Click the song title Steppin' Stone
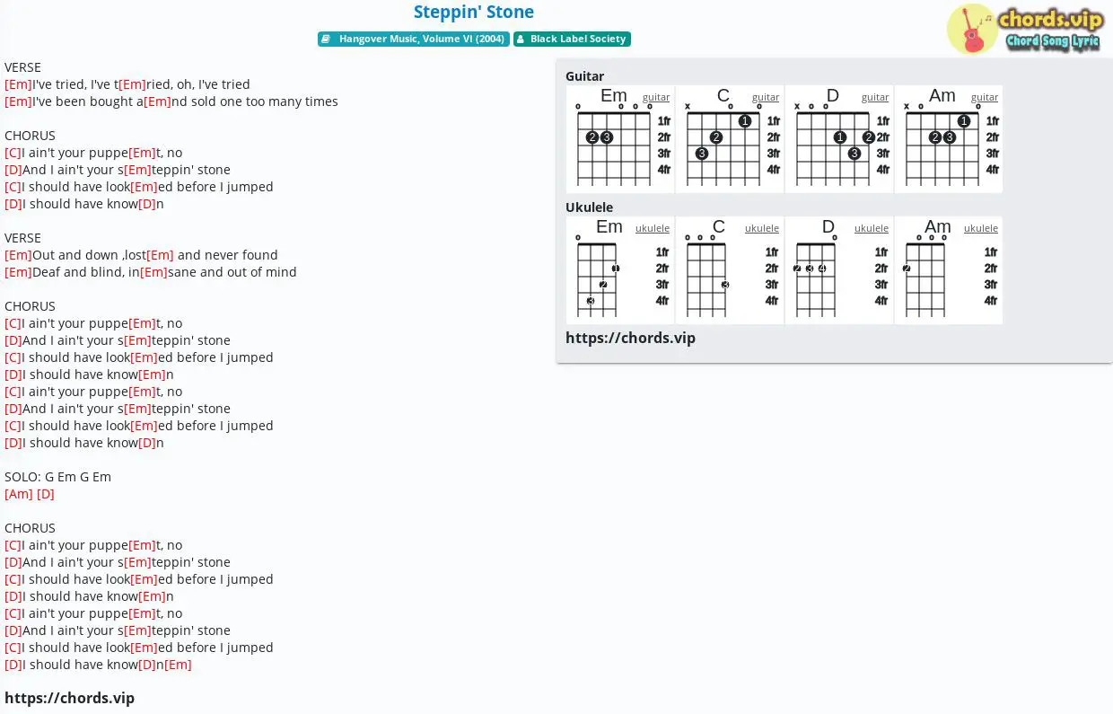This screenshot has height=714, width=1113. pyautogui.click(x=474, y=12)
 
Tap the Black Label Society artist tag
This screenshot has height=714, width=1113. pyautogui.click(x=572, y=39)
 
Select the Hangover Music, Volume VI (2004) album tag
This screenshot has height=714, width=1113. pyautogui.click(x=414, y=39)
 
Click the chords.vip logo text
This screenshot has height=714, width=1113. pyautogui.click(x=1050, y=20)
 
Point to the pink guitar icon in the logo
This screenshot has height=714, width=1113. pyautogui.click(x=971, y=31)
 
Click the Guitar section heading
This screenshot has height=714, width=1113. pyautogui.click(x=585, y=76)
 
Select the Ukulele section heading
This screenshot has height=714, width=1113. pyautogui.click(x=590, y=207)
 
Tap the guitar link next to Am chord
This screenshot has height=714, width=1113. pyautogui.click(x=985, y=97)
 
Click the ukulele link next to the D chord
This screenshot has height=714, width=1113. pyautogui.click(x=872, y=228)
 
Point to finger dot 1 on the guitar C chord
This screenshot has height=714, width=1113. pyautogui.click(x=745, y=121)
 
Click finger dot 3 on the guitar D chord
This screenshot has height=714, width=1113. pyautogui.click(x=854, y=154)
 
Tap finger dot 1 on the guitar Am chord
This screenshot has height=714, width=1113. pyautogui.click(x=964, y=121)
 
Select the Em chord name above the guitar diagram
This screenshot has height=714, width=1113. pyautogui.click(x=614, y=95)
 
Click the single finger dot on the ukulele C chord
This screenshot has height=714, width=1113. pyautogui.click(x=725, y=285)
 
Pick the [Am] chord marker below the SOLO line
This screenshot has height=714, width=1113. pyautogui.click(x=19, y=494)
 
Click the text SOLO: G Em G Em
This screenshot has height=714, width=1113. pyautogui.click(x=57, y=477)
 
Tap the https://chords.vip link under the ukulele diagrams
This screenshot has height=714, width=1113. pyautogui.click(x=630, y=338)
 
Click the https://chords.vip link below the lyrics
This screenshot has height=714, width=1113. pyautogui.click(x=70, y=698)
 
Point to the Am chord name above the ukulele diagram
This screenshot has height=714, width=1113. pyautogui.click(x=938, y=226)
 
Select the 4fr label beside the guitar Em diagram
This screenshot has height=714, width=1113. pyautogui.click(x=664, y=170)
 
